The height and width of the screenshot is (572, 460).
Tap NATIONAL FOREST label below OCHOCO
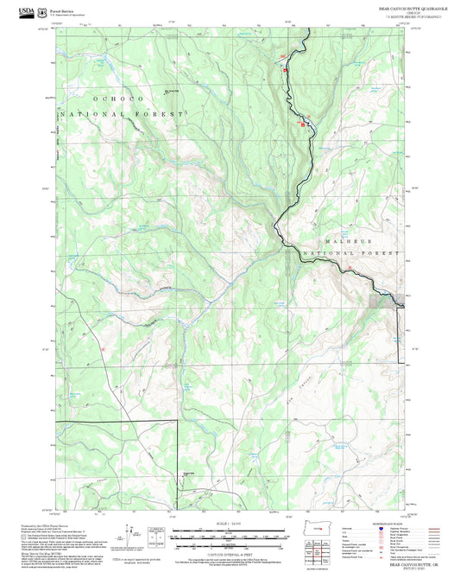[121, 114]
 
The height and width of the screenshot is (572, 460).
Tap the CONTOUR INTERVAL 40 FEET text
[229, 552]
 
